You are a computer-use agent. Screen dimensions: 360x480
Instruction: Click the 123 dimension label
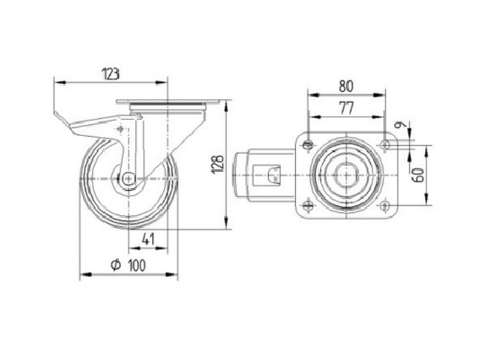point(110,74)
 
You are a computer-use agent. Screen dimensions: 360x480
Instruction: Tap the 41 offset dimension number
point(149,239)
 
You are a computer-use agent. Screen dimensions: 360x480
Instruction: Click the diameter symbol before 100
point(116,266)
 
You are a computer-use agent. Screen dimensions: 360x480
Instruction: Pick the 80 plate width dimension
point(346,86)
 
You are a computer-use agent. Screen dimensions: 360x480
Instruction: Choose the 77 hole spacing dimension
point(346,108)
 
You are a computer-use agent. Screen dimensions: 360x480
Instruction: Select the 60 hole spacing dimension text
point(419,175)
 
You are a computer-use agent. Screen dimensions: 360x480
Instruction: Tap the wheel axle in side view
point(128,178)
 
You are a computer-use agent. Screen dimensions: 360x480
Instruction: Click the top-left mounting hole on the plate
point(308,144)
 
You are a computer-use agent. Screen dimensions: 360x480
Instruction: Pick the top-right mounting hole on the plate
point(384,144)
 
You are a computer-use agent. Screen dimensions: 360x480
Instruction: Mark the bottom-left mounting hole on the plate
point(308,206)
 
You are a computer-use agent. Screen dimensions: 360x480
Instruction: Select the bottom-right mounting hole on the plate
point(384,206)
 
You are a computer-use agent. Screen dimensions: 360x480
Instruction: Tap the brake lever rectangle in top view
point(273,176)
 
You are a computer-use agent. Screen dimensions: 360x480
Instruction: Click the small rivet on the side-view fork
point(122,129)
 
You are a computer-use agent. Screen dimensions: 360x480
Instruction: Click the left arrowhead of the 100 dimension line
point(83,275)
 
